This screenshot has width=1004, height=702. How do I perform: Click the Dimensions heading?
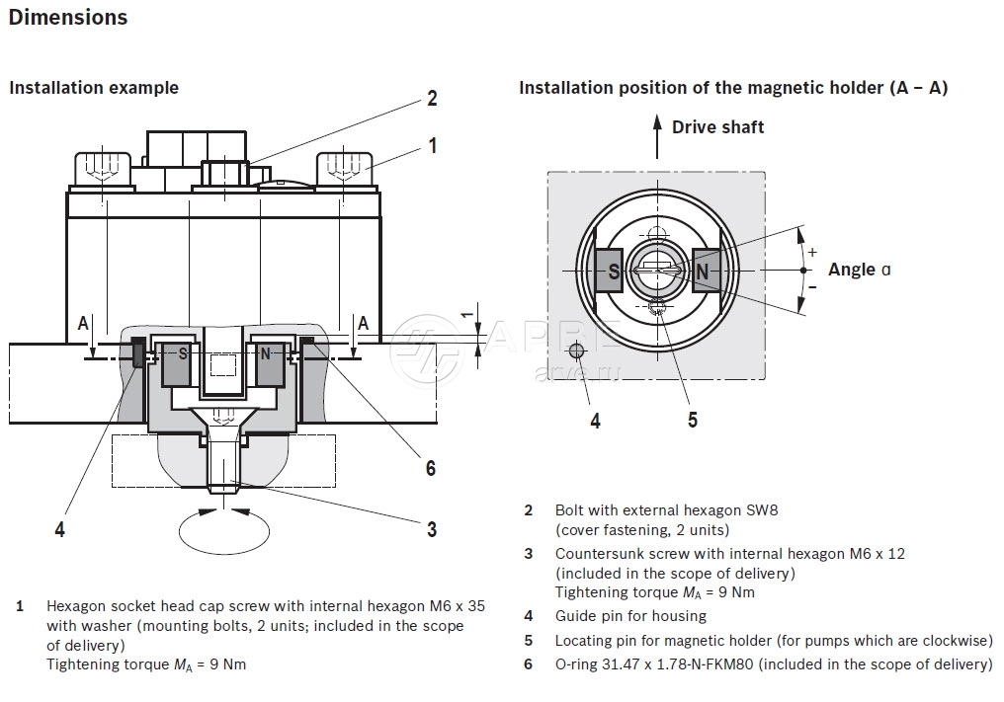point(68,17)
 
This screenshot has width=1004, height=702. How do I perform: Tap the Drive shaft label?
point(717,126)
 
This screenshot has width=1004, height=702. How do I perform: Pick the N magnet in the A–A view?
point(701,270)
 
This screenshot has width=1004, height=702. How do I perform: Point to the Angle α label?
point(859,270)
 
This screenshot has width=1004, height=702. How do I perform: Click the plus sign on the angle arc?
point(812,252)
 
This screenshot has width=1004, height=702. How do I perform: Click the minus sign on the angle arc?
point(812,286)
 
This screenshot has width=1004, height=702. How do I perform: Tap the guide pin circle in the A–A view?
point(578,351)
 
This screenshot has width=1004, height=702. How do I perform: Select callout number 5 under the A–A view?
point(693,420)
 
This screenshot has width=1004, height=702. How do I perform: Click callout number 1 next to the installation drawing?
point(432,146)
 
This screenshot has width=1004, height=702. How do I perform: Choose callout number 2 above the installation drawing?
point(432,98)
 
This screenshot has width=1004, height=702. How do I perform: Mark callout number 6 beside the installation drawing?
point(430,468)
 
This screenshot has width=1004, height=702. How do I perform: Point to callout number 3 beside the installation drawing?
point(432,529)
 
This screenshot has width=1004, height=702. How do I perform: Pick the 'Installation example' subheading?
point(94,87)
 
